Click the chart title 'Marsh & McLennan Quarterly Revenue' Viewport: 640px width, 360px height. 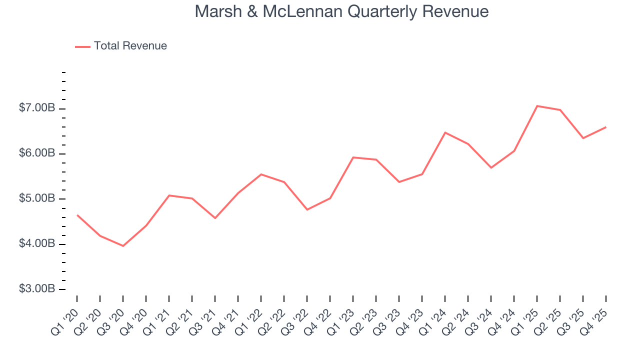point(341,11)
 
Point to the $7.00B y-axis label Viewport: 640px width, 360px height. point(37,108)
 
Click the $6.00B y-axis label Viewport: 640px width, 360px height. point(37,153)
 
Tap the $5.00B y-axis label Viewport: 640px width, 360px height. point(37,199)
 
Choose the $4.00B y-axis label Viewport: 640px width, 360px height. point(37,244)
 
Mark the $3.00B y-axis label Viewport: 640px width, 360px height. point(37,289)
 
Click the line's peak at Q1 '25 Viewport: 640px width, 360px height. point(537,106)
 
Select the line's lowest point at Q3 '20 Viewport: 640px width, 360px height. point(123,246)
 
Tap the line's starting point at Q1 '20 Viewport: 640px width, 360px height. point(77,215)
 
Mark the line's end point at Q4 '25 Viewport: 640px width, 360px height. point(606,127)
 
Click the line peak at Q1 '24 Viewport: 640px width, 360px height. point(445,132)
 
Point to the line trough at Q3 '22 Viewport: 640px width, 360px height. point(307,209)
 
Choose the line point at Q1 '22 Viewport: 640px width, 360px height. point(261,174)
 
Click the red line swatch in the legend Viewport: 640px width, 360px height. point(82,46)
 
